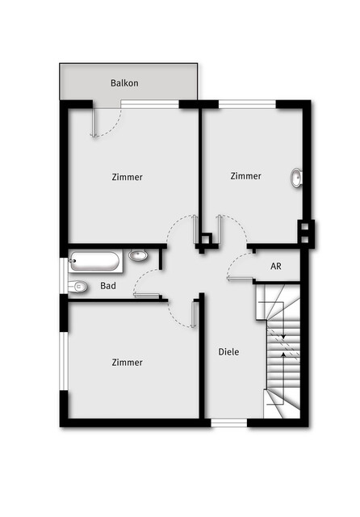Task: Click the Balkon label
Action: (x=124, y=82)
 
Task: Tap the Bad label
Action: (x=108, y=285)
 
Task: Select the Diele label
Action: (x=228, y=352)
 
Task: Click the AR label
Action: (x=276, y=266)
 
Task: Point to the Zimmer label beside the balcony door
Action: (x=128, y=177)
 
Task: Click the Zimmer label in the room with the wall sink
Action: (x=245, y=176)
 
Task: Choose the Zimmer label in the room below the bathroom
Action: (x=128, y=363)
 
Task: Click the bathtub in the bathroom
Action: (x=95, y=262)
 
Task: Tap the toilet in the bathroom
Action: (x=77, y=287)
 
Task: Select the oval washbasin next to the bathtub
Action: (x=138, y=255)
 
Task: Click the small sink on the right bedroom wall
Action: (x=296, y=178)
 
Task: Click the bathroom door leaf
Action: (x=147, y=295)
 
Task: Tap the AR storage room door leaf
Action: (x=240, y=280)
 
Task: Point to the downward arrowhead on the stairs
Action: (x=283, y=337)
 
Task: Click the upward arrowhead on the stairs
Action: (x=283, y=355)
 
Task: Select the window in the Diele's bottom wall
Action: (x=229, y=423)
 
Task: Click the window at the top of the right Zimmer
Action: (x=247, y=104)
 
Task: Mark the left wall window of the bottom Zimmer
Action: (x=64, y=361)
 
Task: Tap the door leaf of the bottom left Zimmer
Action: (x=194, y=314)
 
